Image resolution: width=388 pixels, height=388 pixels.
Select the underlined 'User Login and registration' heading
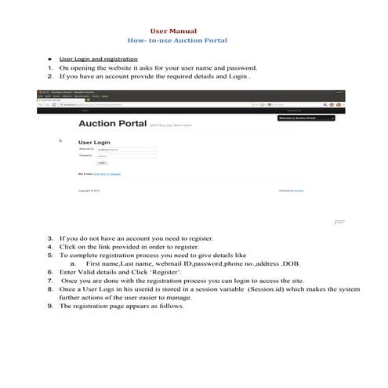coord(99,59)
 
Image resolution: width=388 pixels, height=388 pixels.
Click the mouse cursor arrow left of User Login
coord(60,141)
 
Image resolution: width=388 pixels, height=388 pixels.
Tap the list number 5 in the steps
coord(51,256)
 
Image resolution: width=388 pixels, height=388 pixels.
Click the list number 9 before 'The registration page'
coord(51,306)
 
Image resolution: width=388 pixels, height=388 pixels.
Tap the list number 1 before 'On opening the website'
coord(51,68)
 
